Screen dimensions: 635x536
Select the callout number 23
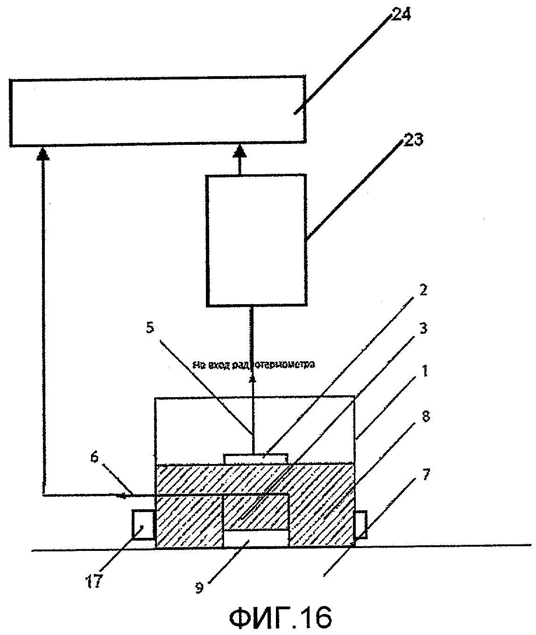click(413, 139)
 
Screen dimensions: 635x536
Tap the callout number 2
click(423, 291)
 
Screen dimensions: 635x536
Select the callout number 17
click(94, 583)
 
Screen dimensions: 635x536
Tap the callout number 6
click(94, 459)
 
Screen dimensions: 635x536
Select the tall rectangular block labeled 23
click(256, 240)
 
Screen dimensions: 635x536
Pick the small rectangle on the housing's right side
click(360, 525)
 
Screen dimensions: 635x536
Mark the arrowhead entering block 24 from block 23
click(240, 151)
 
